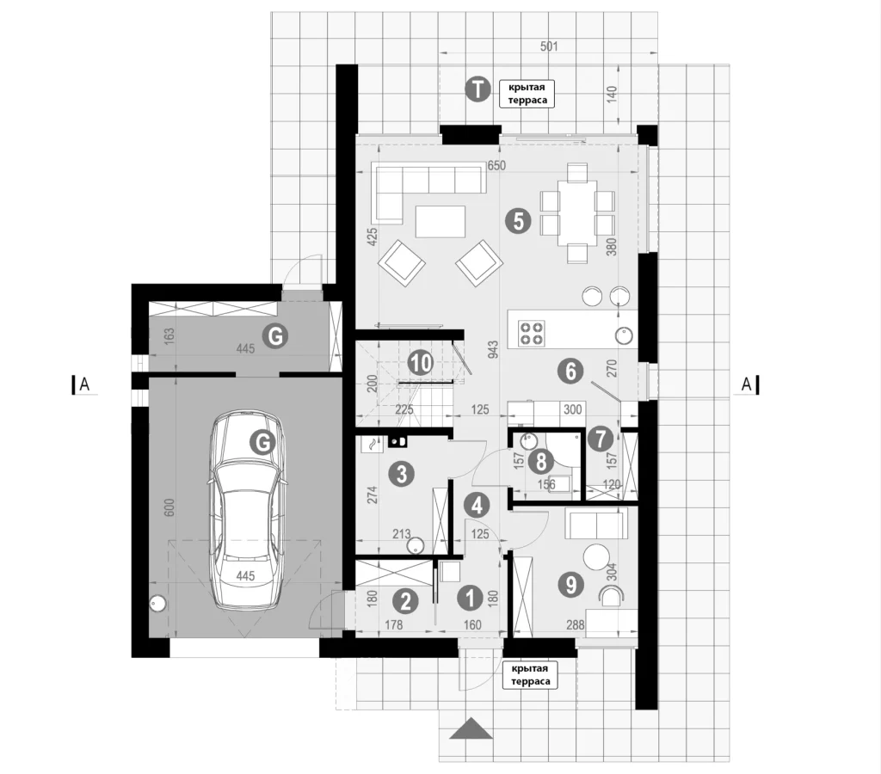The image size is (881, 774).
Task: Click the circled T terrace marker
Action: [x=477, y=89]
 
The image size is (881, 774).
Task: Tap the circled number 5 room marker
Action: [x=518, y=221]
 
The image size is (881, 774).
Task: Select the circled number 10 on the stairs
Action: [x=420, y=363]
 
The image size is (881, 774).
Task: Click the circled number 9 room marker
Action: [x=571, y=585]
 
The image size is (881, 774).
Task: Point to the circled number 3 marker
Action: [x=401, y=474]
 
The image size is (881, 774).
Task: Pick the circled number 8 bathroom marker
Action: [x=541, y=462]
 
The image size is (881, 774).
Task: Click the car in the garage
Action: [x=245, y=510]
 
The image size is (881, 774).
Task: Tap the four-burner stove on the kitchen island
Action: [x=531, y=332]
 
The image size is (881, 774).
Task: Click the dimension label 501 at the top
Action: [x=549, y=46]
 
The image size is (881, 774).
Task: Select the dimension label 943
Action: [x=493, y=349]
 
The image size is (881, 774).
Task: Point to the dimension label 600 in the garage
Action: [x=170, y=507]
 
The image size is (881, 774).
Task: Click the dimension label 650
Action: [x=496, y=166]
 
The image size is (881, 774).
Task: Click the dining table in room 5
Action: [x=577, y=212]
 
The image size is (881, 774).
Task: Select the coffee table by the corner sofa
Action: [x=440, y=221]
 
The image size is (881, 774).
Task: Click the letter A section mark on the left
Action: [x=84, y=384]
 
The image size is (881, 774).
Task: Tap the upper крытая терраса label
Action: [x=527, y=94]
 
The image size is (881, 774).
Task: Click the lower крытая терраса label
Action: [x=530, y=674]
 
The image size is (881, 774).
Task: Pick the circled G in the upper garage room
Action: [x=275, y=336]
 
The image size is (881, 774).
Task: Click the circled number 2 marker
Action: [x=406, y=601]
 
